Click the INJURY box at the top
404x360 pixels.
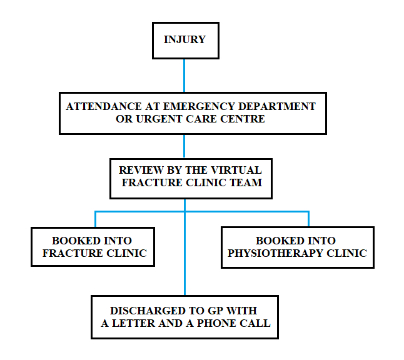(x=184, y=40)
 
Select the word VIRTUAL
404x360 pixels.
(x=238, y=171)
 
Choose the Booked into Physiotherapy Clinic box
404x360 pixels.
(x=297, y=247)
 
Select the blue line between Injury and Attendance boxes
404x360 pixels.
(x=184, y=75)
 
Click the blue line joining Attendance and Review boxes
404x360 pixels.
(x=184, y=146)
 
